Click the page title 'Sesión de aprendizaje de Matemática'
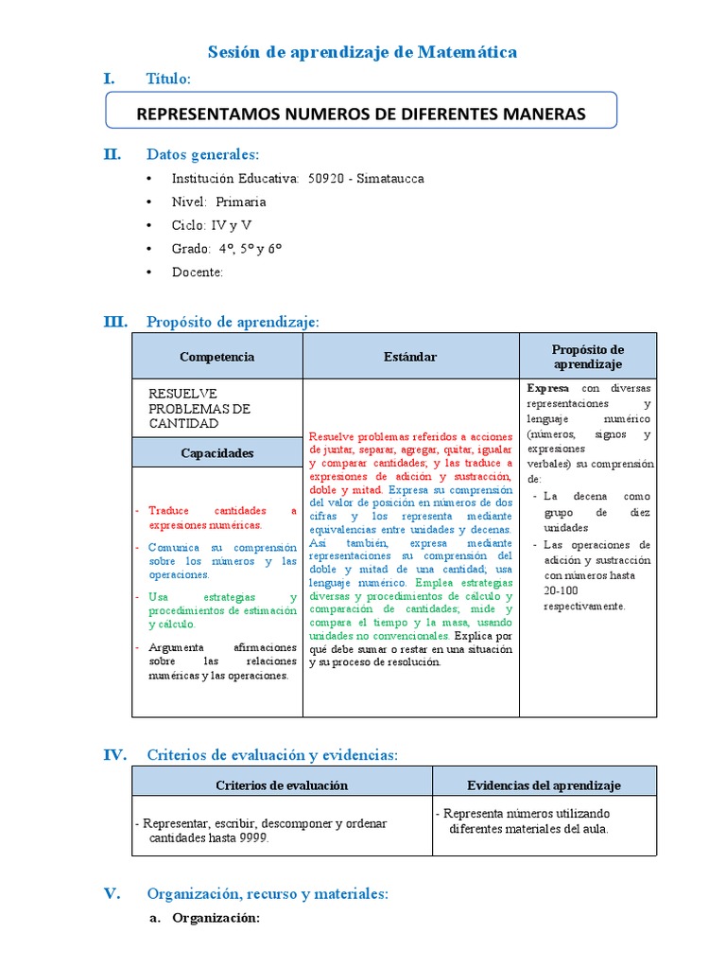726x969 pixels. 362,52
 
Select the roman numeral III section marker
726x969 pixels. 115,322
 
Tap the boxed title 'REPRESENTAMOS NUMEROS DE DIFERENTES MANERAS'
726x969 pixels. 362,114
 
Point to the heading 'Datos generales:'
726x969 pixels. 202,154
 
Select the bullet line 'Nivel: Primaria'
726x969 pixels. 218,202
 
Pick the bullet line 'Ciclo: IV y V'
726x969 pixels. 212,225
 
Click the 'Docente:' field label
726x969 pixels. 198,273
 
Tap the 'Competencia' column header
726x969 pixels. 216,357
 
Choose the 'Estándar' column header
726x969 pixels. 410,357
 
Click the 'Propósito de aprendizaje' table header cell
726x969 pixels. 587,357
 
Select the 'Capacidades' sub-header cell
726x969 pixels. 216,453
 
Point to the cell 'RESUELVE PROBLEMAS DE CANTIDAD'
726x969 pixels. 199,408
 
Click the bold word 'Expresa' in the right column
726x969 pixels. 547,388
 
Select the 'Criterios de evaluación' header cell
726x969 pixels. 282,785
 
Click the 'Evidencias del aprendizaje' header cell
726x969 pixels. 544,785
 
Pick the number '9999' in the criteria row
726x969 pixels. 252,838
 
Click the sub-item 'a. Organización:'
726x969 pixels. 206,918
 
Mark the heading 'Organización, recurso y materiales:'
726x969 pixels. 268,893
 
